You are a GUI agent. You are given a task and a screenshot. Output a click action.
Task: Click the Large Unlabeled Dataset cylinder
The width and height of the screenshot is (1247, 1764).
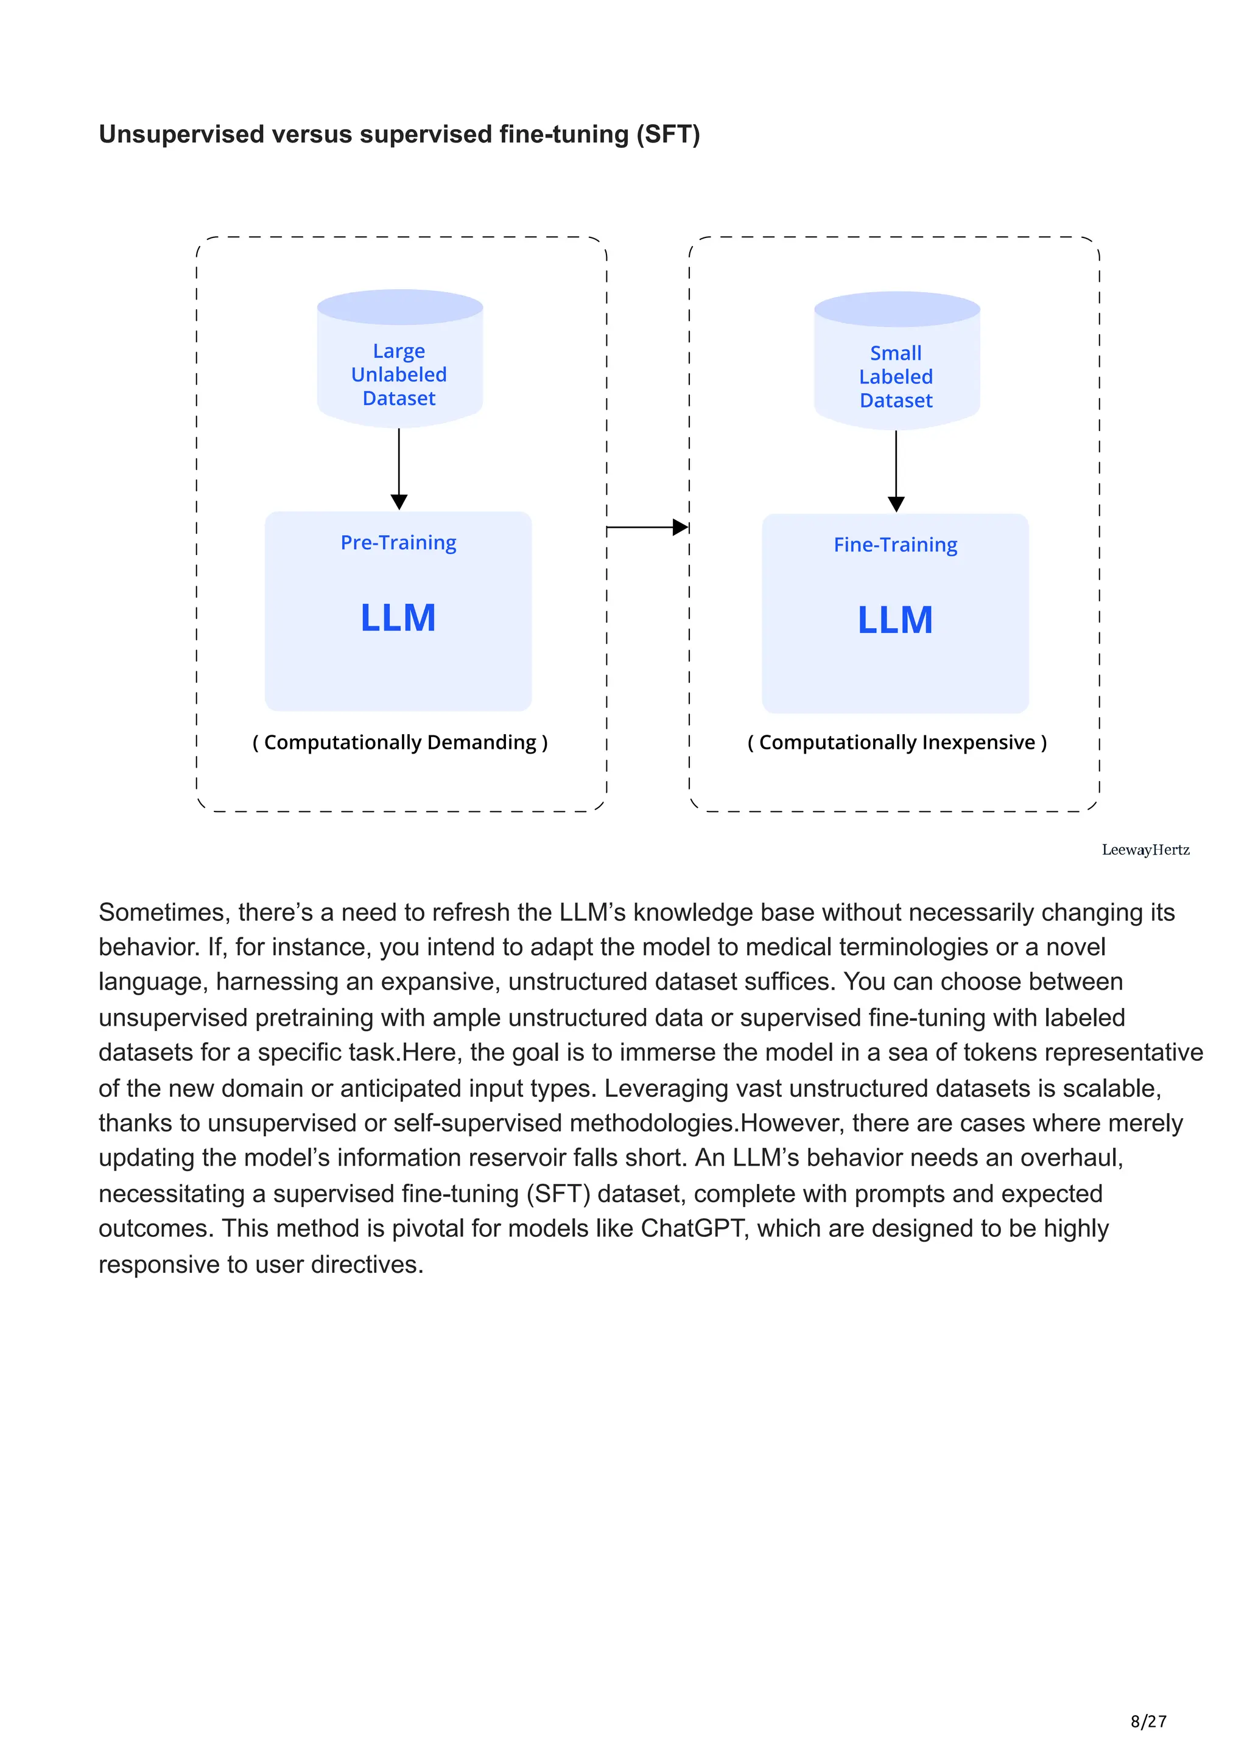[399, 359]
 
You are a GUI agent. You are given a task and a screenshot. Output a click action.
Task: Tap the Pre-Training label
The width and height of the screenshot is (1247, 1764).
[398, 542]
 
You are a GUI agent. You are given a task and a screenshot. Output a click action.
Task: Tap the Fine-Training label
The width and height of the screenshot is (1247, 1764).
[895, 545]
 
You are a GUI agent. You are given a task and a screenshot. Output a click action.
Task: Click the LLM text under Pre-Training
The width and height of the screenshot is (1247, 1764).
[398, 618]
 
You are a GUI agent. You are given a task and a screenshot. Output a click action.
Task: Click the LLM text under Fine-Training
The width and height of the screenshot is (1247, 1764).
[895, 620]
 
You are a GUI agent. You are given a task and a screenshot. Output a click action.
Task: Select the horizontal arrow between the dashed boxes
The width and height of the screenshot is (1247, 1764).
[648, 527]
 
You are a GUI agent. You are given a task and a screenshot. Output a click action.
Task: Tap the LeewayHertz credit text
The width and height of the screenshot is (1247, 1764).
[1145, 850]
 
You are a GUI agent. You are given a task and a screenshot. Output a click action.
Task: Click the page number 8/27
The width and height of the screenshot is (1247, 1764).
[1148, 1721]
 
